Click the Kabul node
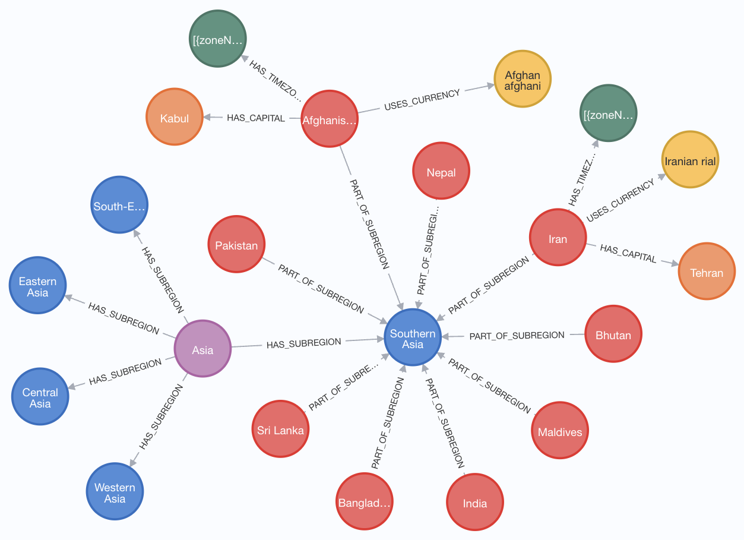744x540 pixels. coord(175,118)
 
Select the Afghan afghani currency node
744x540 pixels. coord(523,80)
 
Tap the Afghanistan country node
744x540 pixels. coord(330,120)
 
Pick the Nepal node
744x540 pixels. coord(441,172)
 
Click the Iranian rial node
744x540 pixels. coord(690,160)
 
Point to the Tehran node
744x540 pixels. coord(707,273)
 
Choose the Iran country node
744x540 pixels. coord(558,238)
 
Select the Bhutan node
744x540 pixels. coord(613,334)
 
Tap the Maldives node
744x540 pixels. coord(560,431)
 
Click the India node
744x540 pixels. coord(474,503)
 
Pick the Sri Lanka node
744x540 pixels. coord(280,430)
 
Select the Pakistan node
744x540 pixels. coord(236,245)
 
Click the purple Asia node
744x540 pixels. coord(202,349)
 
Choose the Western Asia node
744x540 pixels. coord(115,492)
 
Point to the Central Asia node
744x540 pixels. coord(40,397)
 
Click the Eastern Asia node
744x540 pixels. coord(38,286)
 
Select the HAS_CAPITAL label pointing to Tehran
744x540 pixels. coord(628,253)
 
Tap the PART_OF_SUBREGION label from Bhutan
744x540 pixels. coord(517,336)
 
